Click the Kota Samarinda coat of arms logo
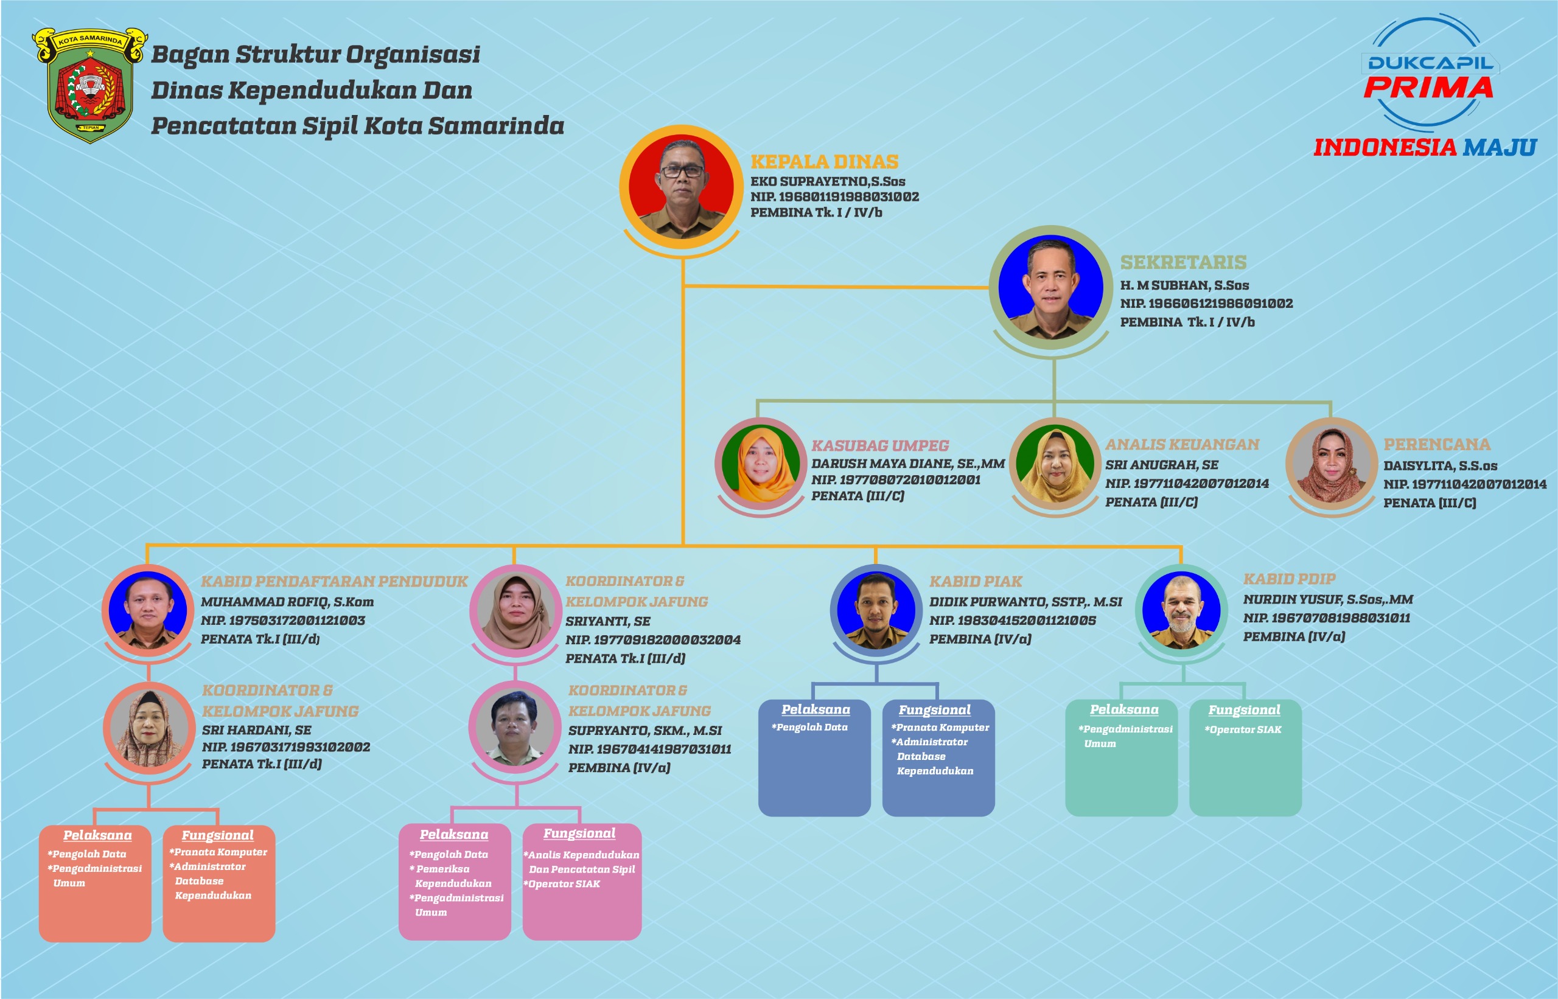click(89, 84)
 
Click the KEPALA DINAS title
click(824, 161)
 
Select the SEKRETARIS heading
click(1183, 262)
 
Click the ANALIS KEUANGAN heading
click(1182, 444)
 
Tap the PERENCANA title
click(1437, 444)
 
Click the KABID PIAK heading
click(976, 581)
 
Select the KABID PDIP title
click(1289, 579)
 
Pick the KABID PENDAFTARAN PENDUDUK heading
click(334, 581)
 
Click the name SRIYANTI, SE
click(607, 621)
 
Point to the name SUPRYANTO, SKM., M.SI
click(645, 731)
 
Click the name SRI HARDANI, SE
click(256, 730)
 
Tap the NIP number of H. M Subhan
click(1206, 303)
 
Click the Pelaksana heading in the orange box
click(97, 835)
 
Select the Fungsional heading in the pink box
click(579, 833)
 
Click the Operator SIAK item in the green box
click(1244, 730)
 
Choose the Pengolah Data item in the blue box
click(811, 727)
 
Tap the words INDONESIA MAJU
click(1424, 148)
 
